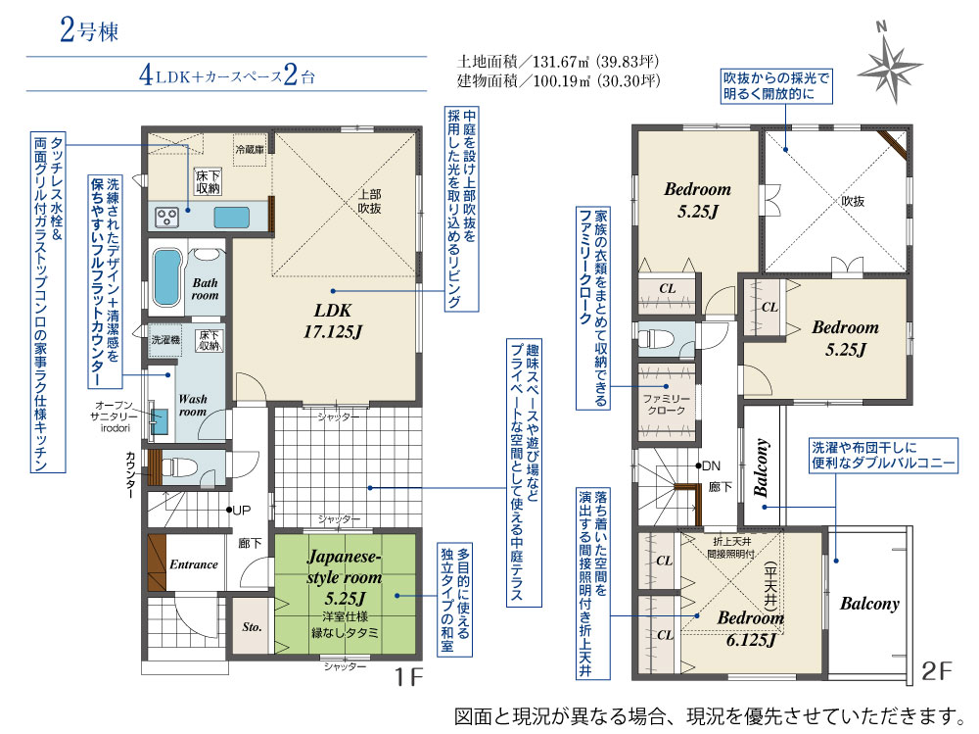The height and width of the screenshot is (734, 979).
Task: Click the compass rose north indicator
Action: coord(890,63)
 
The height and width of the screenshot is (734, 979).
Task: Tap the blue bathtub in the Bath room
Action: coord(166,277)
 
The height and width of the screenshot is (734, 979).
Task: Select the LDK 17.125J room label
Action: coord(333,320)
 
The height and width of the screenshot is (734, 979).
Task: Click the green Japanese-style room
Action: coord(345,594)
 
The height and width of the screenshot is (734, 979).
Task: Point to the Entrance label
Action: coord(194,563)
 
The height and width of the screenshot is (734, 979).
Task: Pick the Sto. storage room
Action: coord(252,626)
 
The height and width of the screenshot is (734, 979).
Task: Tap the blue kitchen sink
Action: coord(232,217)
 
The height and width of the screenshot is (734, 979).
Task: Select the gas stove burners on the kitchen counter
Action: coord(167,217)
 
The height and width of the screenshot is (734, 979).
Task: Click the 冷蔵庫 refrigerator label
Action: coord(250,149)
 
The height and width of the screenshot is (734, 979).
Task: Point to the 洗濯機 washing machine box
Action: coord(165,340)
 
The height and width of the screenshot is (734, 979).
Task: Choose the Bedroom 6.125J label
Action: coord(751,628)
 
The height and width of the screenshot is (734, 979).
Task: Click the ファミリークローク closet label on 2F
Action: coord(666,404)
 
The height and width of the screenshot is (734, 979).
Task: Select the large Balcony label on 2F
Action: coord(869,604)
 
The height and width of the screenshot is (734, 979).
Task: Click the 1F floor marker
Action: coord(408,676)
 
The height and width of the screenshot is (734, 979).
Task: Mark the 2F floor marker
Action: coord(936,671)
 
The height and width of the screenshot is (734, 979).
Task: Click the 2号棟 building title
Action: coord(89,30)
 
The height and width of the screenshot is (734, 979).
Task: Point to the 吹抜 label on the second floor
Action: coord(853,201)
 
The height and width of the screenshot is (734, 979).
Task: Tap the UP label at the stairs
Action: coord(241,511)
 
